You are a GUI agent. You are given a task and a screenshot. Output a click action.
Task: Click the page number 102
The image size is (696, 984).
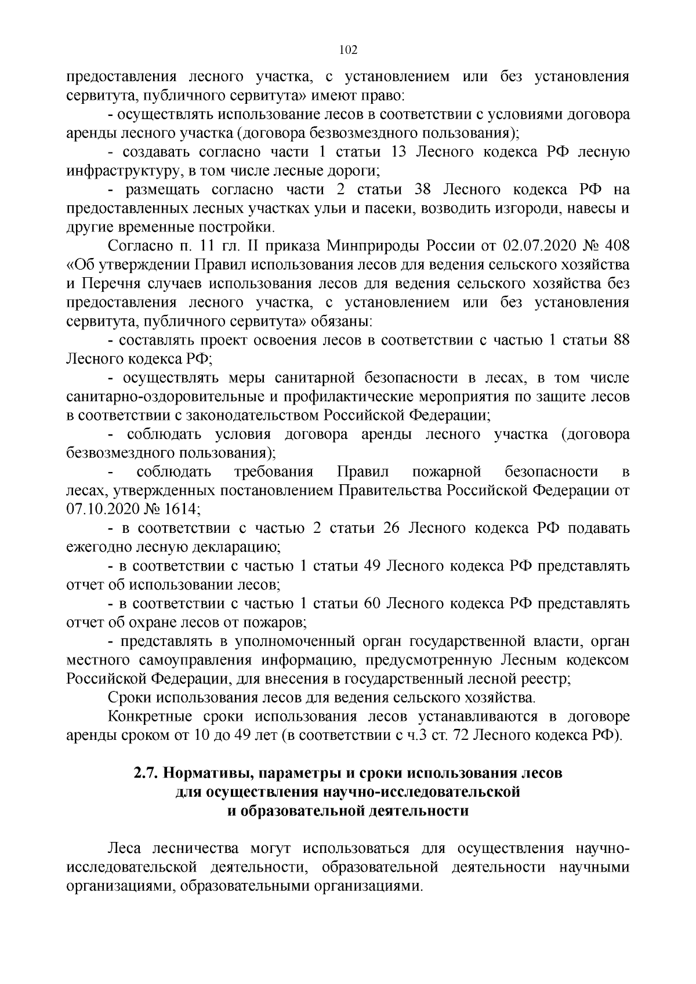tap(347, 50)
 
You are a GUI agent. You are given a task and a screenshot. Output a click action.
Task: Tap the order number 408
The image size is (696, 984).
tap(617, 246)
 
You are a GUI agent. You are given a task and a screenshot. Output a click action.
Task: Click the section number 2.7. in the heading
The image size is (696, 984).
tap(146, 774)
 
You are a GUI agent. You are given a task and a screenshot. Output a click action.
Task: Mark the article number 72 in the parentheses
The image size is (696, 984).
tap(457, 735)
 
